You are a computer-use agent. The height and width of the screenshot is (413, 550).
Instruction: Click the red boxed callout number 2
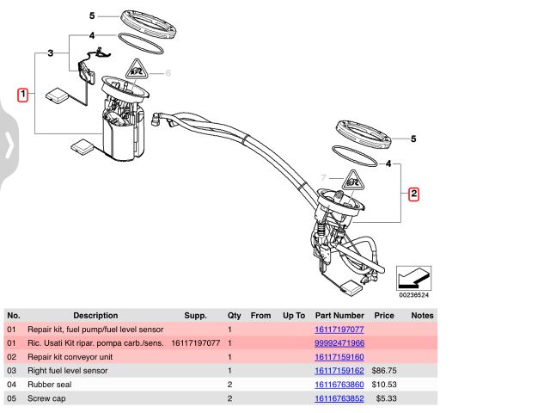(413, 194)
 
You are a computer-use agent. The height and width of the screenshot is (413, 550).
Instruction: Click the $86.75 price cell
(384, 370)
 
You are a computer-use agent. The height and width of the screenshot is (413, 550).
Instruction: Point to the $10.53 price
(384, 384)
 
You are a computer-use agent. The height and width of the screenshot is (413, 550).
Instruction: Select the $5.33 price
(382, 398)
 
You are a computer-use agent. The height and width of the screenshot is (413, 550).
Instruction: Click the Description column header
(95, 316)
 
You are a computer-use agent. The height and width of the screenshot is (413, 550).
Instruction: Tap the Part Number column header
(339, 316)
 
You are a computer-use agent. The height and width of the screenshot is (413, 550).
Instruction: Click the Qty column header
(234, 316)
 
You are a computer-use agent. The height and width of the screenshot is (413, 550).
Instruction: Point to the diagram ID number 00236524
(413, 295)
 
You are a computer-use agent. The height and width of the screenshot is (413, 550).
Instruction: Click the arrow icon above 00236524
(413, 277)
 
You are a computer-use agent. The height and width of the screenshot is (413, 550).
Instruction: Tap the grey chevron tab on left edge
(9, 145)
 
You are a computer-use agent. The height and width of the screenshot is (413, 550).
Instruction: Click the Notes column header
(423, 316)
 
